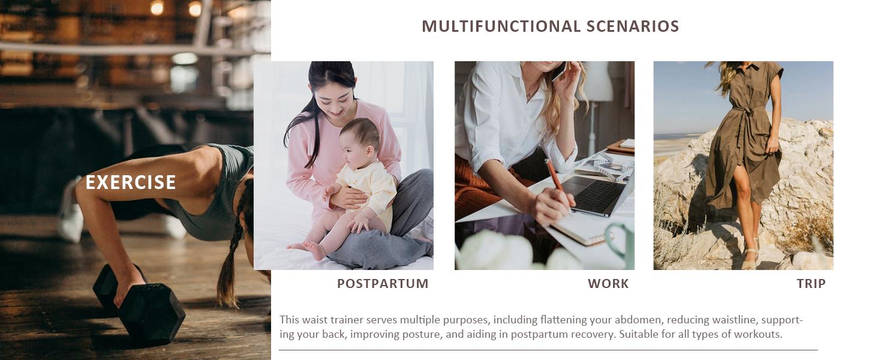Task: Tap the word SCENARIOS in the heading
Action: click(633, 26)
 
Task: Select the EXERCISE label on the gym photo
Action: click(131, 182)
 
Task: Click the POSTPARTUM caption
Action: click(383, 284)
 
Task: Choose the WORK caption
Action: click(608, 284)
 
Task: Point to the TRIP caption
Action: click(811, 284)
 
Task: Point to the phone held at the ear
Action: click(561, 71)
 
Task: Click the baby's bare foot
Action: click(314, 250)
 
